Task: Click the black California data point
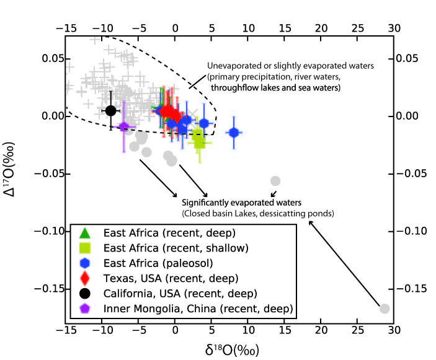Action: (x=110, y=110)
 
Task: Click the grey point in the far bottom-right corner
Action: (x=385, y=308)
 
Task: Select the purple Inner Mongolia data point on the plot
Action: (x=124, y=127)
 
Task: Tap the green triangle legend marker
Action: (x=86, y=234)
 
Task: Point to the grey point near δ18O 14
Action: (x=275, y=181)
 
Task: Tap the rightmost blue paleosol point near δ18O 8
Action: (x=234, y=133)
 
